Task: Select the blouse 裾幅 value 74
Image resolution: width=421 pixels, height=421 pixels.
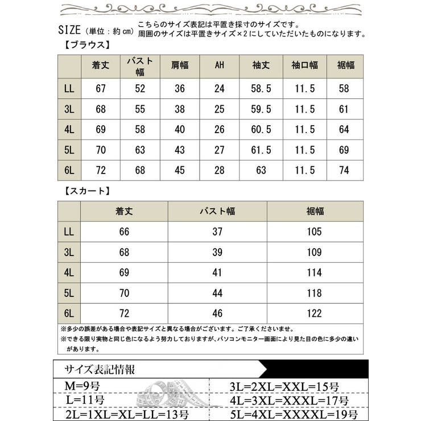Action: click(344, 170)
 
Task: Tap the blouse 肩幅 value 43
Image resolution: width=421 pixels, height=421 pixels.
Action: click(180, 150)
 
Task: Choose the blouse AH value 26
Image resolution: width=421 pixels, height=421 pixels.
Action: click(220, 130)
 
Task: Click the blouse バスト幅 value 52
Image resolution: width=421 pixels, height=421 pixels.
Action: click(141, 89)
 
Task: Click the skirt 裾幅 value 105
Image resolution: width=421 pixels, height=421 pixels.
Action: click(314, 232)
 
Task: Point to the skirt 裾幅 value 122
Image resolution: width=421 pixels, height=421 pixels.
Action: click(314, 313)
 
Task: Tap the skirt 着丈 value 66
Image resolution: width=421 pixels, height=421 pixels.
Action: click(124, 232)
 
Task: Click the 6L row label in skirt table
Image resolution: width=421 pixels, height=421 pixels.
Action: click(69, 313)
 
